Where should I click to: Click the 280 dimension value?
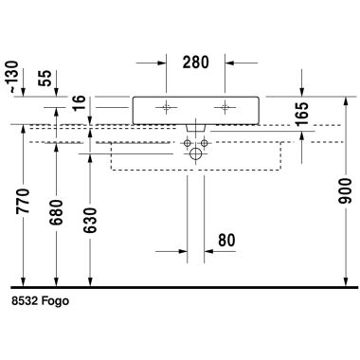pyautogui.click(x=195, y=63)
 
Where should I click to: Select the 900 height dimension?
pyautogui.click(x=345, y=190)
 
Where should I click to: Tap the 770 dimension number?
pyautogui.click(x=23, y=201)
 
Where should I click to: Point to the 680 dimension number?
pyautogui.click(x=56, y=212)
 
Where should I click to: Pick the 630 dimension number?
pyautogui.click(x=90, y=220)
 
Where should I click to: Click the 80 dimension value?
pyautogui.click(x=226, y=240)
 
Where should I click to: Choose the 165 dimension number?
pyautogui.click(x=302, y=114)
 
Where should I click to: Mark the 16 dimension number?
pyautogui.click(x=80, y=102)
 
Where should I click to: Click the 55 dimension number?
pyautogui.click(x=45, y=79)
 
